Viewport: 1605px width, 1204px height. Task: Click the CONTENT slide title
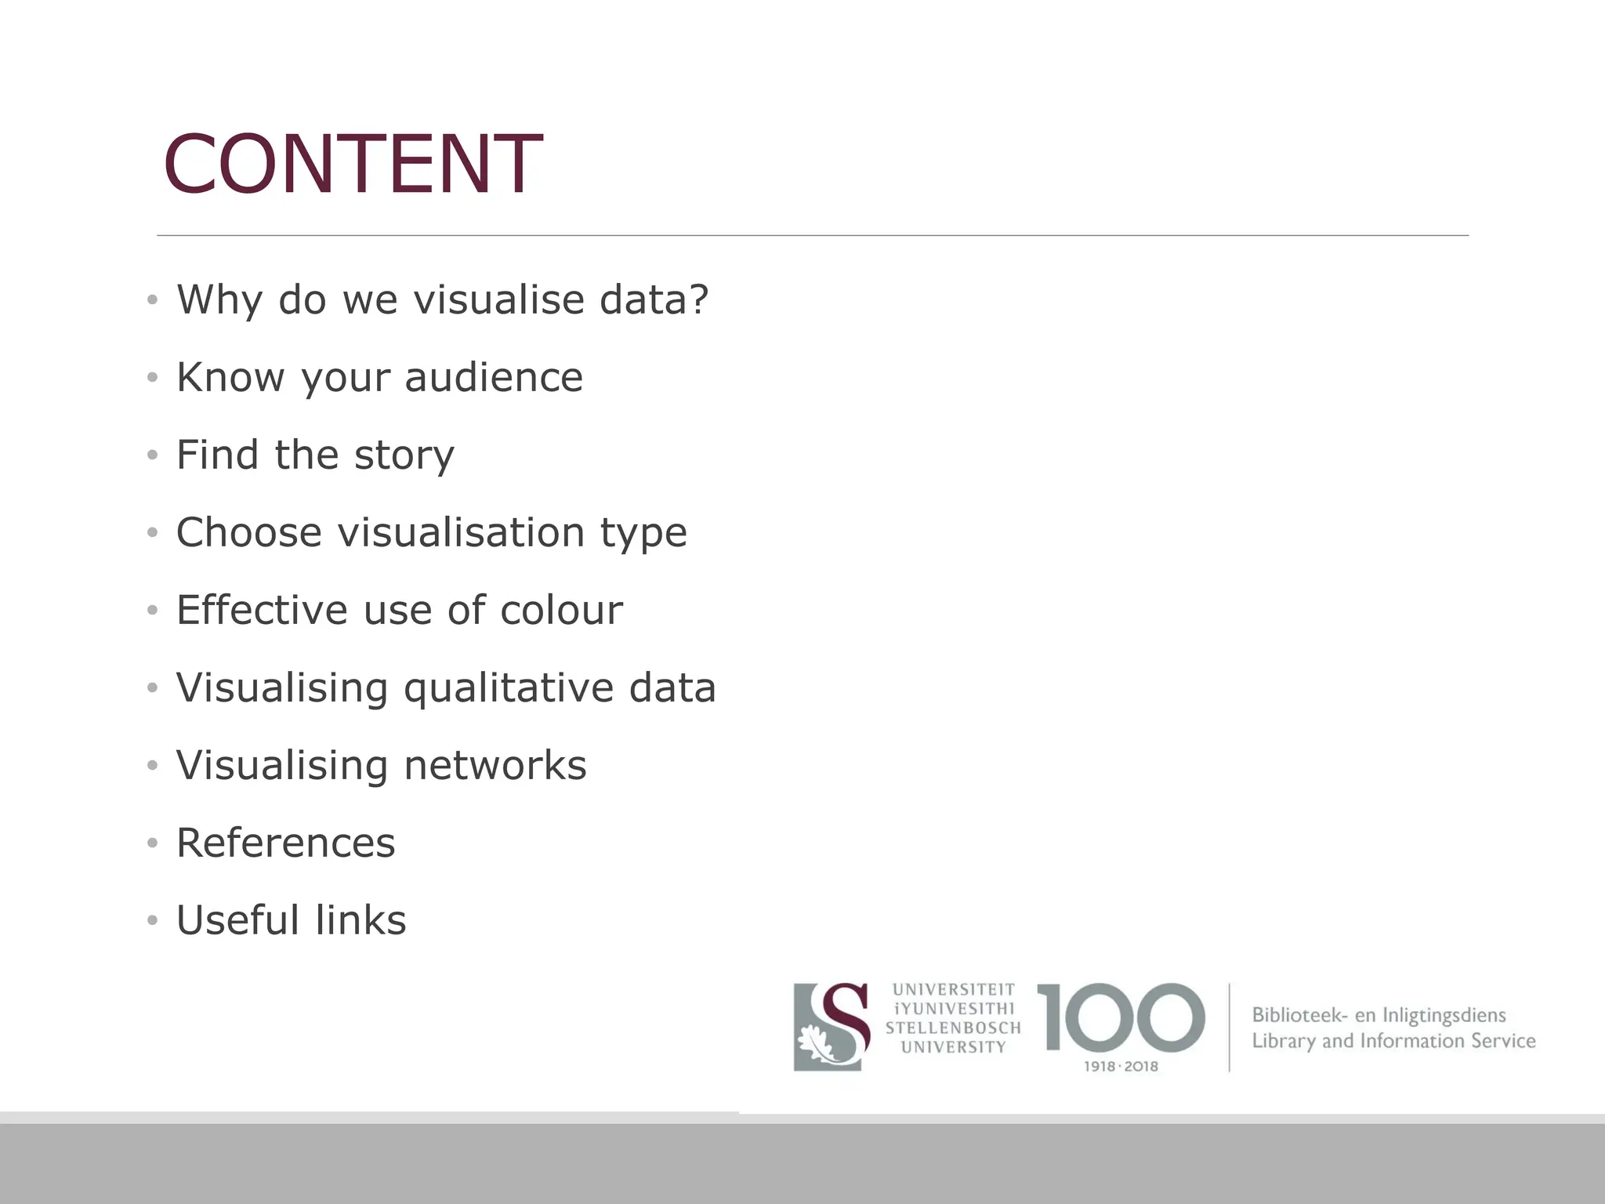click(x=353, y=165)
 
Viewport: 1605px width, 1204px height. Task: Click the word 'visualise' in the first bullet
click(x=499, y=299)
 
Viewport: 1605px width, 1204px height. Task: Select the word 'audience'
click(x=494, y=377)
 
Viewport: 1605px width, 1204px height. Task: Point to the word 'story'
click(x=404, y=455)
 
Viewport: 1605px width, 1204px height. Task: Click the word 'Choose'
click(x=248, y=532)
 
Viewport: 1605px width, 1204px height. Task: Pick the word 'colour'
click(x=561, y=610)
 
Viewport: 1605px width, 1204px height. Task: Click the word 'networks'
click(x=495, y=765)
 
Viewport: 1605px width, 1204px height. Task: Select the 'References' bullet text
click(x=285, y=843)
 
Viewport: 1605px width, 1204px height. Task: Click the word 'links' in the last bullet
click(x=360, y=920)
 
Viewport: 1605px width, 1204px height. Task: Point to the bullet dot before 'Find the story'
click(x=152, y=455)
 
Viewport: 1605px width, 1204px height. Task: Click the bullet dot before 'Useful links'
click(x=152, y=920)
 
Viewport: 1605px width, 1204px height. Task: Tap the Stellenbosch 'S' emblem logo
click(x=831, y=1026)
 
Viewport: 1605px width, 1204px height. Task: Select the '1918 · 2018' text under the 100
click(x=1121, y=1066)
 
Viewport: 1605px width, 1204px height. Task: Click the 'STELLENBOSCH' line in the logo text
click(x=953, y=1028)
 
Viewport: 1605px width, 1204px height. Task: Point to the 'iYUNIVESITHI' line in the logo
click(x=953, y=1009)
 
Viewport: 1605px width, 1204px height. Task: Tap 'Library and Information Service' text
click(x=1393, y=1041)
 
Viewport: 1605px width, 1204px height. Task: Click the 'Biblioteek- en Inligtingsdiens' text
click(x=1379, y=1015)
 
